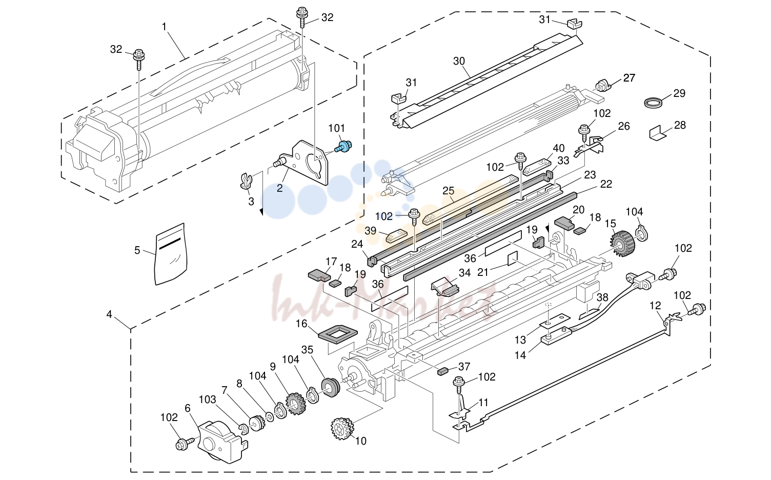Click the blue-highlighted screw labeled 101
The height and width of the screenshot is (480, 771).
(x=343, y=146)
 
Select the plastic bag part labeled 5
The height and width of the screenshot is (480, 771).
(x=171, y=254)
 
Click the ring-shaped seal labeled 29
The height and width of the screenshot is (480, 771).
(x=653, y=103)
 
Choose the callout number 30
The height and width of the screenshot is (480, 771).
(x=459, y=61)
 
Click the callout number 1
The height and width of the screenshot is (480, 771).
(x=164, y=27)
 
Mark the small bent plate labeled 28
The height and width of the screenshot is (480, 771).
(x=657, y=133)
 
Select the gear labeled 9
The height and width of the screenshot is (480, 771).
(x=296, y=404)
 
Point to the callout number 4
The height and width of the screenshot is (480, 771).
(x=109, y=314)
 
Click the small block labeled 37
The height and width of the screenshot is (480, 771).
(x=442, y=371)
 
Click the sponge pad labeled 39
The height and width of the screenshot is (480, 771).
(x=396, y=236)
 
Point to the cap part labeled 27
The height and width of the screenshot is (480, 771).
(x=603, y=85)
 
